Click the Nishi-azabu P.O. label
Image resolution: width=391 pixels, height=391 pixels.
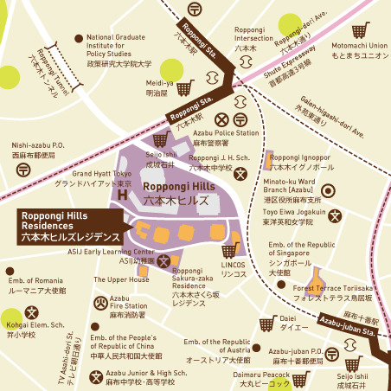click(38, 151)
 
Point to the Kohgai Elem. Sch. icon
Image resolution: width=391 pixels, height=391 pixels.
click(32, 312)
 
